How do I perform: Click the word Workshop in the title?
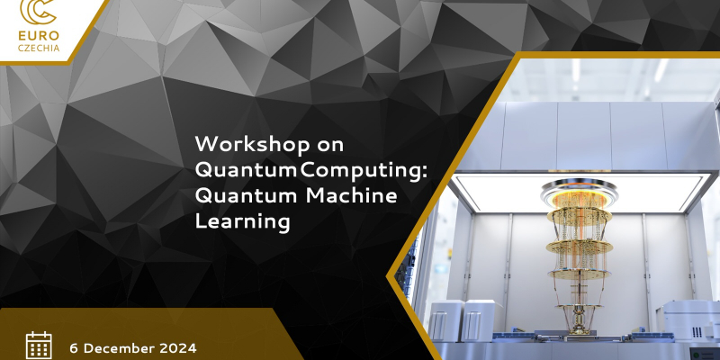tap(253, 145)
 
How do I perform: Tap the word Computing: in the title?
tap(364, 171)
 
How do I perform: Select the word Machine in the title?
tap(351, 195)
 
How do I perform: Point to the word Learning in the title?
tap(242, 221)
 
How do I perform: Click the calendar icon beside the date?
tap(39, 346)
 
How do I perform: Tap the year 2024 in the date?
tap(177, 348)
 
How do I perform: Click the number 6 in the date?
tap(74, 348)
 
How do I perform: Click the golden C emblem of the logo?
tap(39, 12)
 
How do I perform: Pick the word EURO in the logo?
tap(39, 36)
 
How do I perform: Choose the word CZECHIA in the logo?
tap(39, 48)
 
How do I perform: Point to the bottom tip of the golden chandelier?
tap(580, 331)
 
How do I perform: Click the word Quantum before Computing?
tap(246, 171)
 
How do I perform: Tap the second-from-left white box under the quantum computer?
tap(478, 320)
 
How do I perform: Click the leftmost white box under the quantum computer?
tap(446, 320)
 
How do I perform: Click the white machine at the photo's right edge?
tap(688, 320)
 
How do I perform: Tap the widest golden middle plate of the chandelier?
tap(580, 246)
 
